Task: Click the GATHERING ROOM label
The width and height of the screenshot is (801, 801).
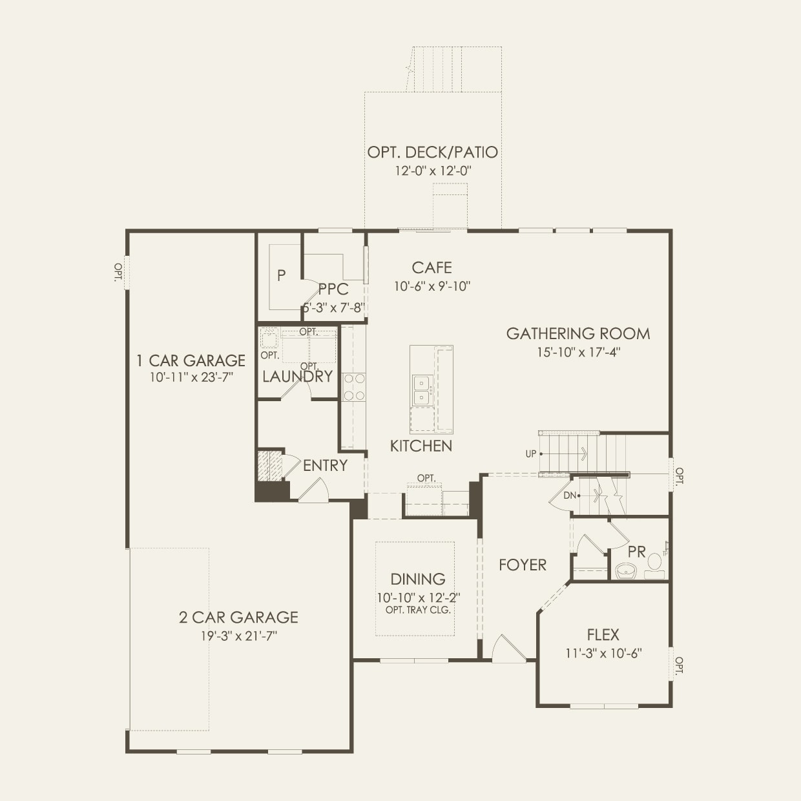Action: click(x=577, y=333)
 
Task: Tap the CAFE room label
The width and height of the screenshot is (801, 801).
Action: click(x=432, y=267)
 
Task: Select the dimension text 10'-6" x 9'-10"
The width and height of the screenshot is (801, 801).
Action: click(x=432, y=286)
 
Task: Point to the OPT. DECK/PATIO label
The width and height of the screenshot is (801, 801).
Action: click(x=433, y=152)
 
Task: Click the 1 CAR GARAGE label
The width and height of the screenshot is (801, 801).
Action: click(x=191, y=360)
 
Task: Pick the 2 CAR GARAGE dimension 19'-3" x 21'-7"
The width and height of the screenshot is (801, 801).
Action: click(x=238, y=636)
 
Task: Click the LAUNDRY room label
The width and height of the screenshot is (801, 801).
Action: click(x=297, y=377)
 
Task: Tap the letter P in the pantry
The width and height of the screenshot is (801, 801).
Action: click(x=281, y=276)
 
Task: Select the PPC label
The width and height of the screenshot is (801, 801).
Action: click(x=333, y=289)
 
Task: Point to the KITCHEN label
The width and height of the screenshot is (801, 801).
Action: click(x=421, y=446)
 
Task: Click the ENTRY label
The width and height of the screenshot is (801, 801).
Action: click(x=325, y=466)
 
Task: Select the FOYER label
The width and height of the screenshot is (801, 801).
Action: click(x=523, y=565)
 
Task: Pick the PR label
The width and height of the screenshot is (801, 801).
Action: click(x=636, y=552)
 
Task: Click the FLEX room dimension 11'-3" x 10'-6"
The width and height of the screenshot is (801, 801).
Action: click(x=603, y=653)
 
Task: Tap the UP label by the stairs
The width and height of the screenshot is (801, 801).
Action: click(x=531, y=454)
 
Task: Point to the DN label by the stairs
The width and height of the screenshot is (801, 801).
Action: click(x=569, y=495)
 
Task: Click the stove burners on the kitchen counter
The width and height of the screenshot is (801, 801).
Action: click(x=354, y=388)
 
